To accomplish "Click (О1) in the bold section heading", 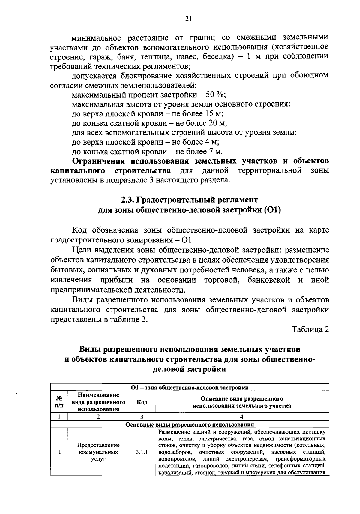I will coord(272,210).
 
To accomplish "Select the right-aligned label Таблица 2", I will coord(311,329).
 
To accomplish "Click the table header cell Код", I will coord(142,402).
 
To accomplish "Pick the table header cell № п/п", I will coord(59,402).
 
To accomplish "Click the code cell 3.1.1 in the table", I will coord(142,452).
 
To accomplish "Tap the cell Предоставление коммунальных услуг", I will coord(98,452).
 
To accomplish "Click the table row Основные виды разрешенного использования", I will coord(190,425).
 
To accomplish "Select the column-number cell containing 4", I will coord(242,417).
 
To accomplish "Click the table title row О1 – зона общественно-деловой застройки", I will coord(190,388).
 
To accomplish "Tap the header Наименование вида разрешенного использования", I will coord(98,402).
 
